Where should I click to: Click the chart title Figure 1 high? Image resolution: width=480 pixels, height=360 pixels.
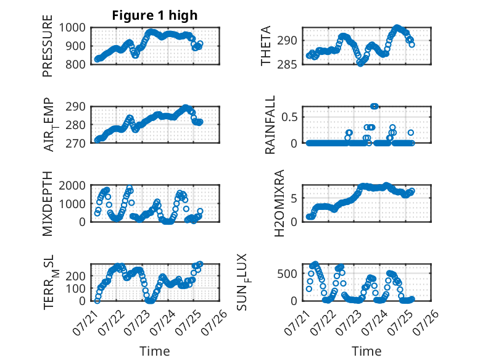155,15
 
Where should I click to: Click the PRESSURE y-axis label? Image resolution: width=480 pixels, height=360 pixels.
48,46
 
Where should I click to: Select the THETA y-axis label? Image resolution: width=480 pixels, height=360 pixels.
266,46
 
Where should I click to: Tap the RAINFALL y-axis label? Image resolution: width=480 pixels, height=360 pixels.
270,125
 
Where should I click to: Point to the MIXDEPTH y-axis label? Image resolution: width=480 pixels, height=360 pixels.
48,204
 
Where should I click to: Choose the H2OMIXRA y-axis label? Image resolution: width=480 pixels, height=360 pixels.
279,203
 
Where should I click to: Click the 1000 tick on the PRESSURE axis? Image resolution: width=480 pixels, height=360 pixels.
72,28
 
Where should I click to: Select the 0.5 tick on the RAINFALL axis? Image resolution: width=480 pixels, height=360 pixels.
289,117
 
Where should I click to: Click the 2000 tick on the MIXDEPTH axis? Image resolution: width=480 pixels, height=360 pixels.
72,185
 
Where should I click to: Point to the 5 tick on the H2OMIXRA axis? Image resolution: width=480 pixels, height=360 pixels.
294,199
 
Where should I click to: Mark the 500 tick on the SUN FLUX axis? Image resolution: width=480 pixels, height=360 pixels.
287,274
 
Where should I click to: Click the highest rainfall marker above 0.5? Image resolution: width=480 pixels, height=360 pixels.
374,106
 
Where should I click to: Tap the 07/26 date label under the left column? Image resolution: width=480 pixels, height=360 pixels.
215,322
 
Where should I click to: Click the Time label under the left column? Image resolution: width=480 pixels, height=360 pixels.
155,351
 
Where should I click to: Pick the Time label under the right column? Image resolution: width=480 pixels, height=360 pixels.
366,351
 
